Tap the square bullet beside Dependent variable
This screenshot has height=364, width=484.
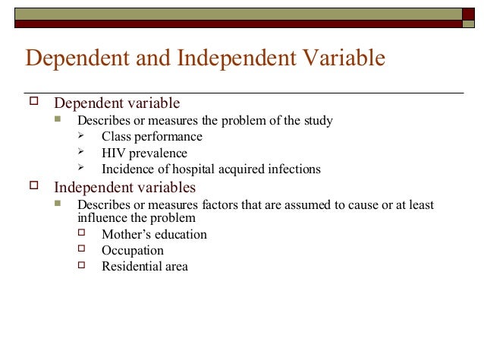click(x=32, y=102)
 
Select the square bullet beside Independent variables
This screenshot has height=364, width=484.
click(x=32, y=186)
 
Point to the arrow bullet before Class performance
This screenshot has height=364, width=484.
click(x=82, y=137)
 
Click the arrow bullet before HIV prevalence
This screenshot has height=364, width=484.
click(x=82, y=153)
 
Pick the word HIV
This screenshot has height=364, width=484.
click(x=114, y=154)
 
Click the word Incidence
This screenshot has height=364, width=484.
click(x=127, y=169)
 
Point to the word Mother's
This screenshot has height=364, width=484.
click(x=127, y=234)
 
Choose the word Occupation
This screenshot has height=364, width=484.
click(x=132, y=251)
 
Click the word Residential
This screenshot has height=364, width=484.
click(x=131, y=267)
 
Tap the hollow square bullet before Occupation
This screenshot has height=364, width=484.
click(x=82, y=250)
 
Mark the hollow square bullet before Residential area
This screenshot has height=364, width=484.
click(x=82, y=266)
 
